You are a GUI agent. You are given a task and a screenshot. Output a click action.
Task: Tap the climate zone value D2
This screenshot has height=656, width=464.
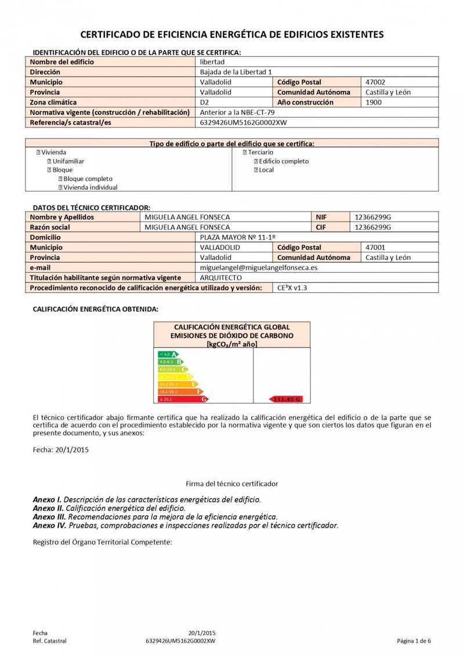(204, 103)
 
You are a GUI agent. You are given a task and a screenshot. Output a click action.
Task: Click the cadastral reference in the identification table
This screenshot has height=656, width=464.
(244, 123)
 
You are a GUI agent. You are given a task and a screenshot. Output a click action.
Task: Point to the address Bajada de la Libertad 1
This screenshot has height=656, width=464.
(235, 72)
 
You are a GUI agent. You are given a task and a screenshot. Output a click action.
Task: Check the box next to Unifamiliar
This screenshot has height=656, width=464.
(50, 161)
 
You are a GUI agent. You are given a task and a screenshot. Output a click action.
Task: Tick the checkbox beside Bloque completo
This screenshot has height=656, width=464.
(60, 179)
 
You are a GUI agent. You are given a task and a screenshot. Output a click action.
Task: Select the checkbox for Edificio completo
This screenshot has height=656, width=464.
(256, 161)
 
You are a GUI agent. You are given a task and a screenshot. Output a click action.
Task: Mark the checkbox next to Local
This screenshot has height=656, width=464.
(256, 170)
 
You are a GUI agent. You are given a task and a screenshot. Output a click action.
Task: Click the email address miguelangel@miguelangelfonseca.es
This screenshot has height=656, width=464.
(259, 268)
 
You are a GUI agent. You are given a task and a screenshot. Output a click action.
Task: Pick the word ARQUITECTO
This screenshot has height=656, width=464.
(221, 278)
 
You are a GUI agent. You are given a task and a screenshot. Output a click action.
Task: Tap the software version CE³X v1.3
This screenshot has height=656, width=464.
(293, 288)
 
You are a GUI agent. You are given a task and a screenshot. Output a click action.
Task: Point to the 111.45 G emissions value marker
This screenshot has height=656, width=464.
(286, 399)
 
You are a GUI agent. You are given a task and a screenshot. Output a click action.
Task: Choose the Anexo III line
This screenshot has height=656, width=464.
(155, 516)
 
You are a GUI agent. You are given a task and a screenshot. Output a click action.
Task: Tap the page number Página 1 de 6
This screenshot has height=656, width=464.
(414, 641)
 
